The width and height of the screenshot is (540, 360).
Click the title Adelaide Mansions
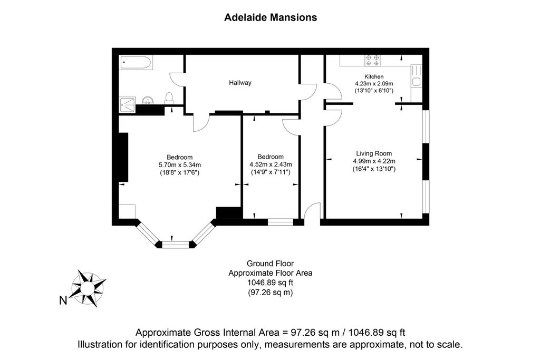click(271, 17)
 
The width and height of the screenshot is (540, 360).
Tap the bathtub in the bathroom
click(136, 63)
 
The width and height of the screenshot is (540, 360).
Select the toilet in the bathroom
click(169, 99)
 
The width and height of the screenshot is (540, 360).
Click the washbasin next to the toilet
click(148, 100)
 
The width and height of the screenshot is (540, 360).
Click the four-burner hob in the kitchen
click(373, 60)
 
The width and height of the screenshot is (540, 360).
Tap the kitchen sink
click(417, 82)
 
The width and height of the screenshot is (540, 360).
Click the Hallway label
click(240, 83)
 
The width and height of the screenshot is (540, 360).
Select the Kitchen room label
click(374, 76)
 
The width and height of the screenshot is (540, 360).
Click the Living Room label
click(374, 153)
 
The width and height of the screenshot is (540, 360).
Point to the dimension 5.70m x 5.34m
click(180, 165)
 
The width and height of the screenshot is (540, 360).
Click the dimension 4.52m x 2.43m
click(271, 164)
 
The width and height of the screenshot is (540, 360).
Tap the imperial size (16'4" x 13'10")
click(374, 169)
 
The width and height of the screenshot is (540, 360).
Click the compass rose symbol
click(88, 288)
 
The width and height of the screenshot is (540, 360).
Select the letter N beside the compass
click(63, 300)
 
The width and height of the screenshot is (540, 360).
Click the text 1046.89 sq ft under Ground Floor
click(271, 283)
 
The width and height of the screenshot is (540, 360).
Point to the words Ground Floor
click(271, 264)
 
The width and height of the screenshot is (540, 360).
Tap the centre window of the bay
click(176, 245)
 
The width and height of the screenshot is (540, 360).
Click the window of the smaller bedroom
click(281, 222)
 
